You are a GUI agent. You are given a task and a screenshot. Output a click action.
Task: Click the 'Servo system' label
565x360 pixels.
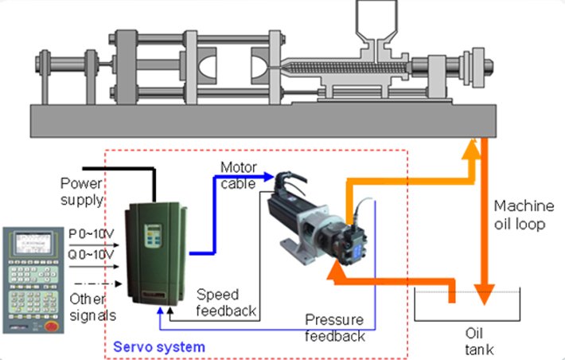(x=158, y=346)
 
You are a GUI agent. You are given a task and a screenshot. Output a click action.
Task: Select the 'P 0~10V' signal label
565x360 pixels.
(x=92, y=234)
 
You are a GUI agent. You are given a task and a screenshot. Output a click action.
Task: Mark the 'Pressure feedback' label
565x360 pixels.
(x=335, y=328)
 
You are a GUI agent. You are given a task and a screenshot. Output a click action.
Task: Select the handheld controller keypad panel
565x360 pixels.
(x=33, y=279)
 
